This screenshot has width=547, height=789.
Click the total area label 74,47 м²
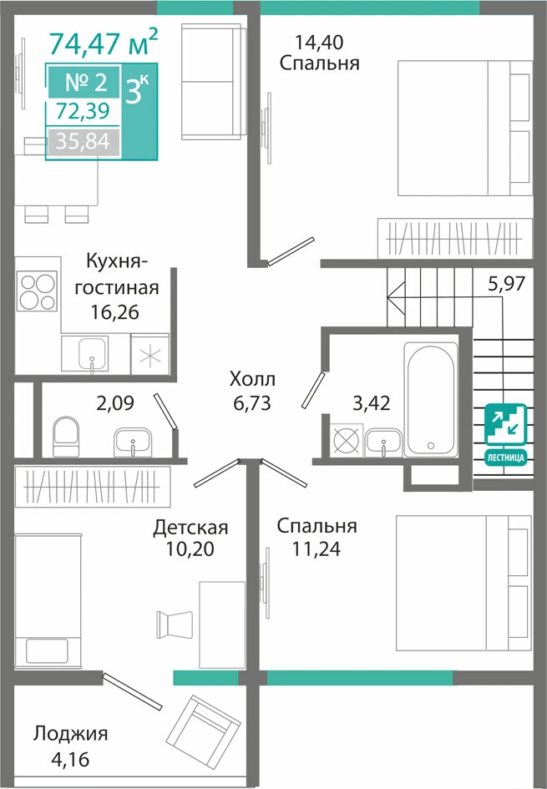pyautogui.click(x=104, y=43)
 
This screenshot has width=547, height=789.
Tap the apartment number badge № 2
pyautogui.click(x=84, y=82)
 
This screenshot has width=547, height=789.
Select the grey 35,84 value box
pyautogui.click(x=83, y=142)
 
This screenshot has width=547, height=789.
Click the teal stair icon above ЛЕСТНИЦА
pyautogui.click(x=506, y=425)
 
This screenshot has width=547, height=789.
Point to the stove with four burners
pyautogui.click(x=38, y=291)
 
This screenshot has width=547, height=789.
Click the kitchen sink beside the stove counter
pyautogui.click(x=92, y=354)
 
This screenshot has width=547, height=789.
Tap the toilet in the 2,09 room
pyautogui.click(x=66, y=437)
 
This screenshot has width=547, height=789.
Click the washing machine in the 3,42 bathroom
pyautogui.click(x=347, y=440)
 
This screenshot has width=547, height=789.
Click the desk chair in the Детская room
pyautogui.click(x=174, y=625)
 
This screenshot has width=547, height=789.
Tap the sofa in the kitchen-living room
pyautogui.click(x=212, y=82)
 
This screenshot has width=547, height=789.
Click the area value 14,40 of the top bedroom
pyautogui.click(x=320, y=43)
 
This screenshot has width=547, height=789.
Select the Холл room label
pyautogui.click(x=252, y=378)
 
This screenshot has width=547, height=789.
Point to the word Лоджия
pyautogui.click(x=71, y=734)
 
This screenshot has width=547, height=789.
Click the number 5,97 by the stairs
pyautogui.click(x=507, y=284)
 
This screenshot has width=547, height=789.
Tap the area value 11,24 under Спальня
pyautogui.click(x=316, y=549)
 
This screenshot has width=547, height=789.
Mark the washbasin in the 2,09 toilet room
pyautogui.click(x=133, y=443)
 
